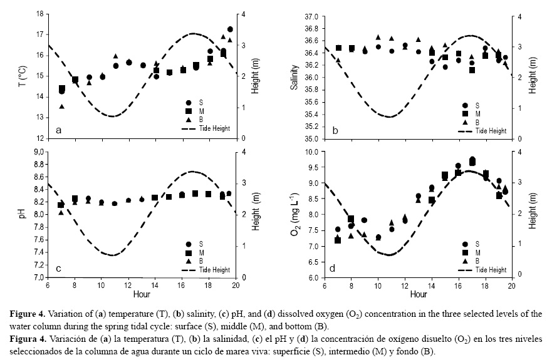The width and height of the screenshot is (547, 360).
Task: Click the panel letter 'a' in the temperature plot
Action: pos(58,130)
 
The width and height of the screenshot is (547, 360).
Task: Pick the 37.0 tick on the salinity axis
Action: pos(311,14)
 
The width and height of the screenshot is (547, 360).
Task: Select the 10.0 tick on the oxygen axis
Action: pos(311,152)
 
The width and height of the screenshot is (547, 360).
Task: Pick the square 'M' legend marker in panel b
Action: pos(465,114)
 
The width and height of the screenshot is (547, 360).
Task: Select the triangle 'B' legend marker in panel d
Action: pos(465,260)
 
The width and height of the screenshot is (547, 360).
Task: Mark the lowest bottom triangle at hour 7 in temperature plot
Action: pos(62,106)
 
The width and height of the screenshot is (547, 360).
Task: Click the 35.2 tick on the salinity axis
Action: pos(311,126)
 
